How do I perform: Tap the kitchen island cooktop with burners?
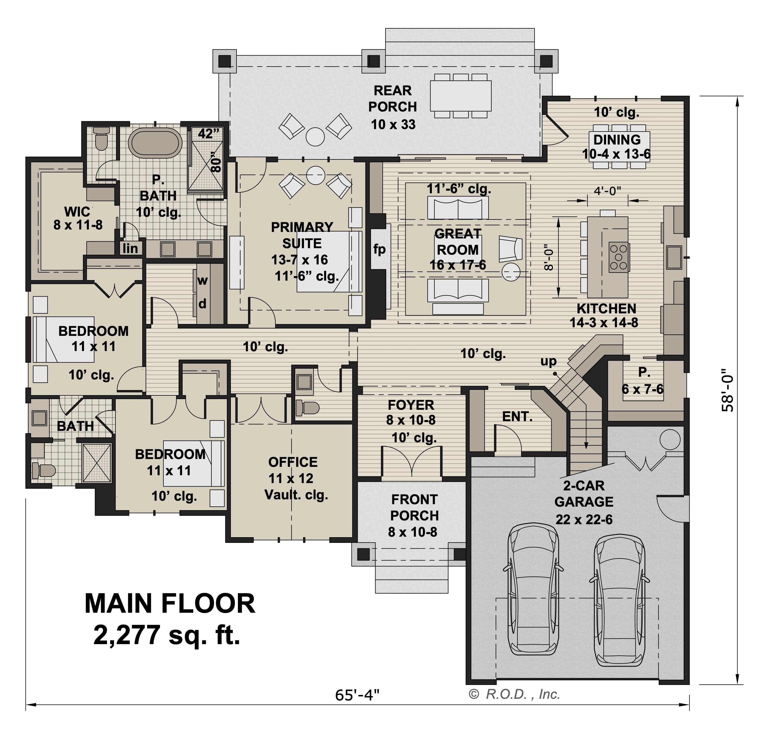click(619, 257)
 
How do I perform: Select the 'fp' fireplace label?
click(379, 249)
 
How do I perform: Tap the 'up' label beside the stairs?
click(548, 361)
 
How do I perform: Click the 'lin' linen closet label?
click(130, 248)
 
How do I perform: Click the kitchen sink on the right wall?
click(674, 257)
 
